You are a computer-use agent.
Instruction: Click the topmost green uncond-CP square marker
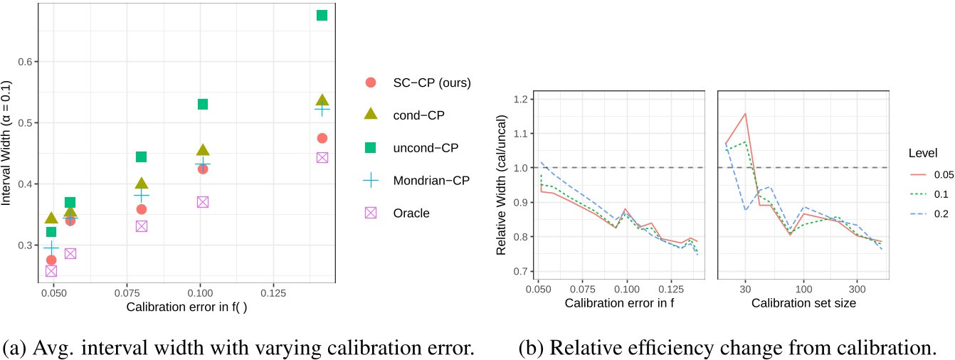point(322,15)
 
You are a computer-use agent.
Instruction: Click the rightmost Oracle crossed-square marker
point(322,157)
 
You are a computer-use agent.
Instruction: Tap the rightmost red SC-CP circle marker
point(322,138)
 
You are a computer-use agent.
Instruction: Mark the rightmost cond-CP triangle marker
point(322,100)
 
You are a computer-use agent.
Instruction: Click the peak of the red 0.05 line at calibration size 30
point(745,113)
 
